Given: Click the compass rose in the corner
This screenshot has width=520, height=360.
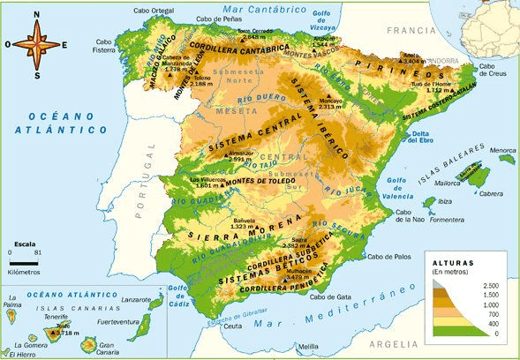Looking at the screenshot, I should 36,42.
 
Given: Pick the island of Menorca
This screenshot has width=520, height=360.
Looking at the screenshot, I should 506,158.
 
